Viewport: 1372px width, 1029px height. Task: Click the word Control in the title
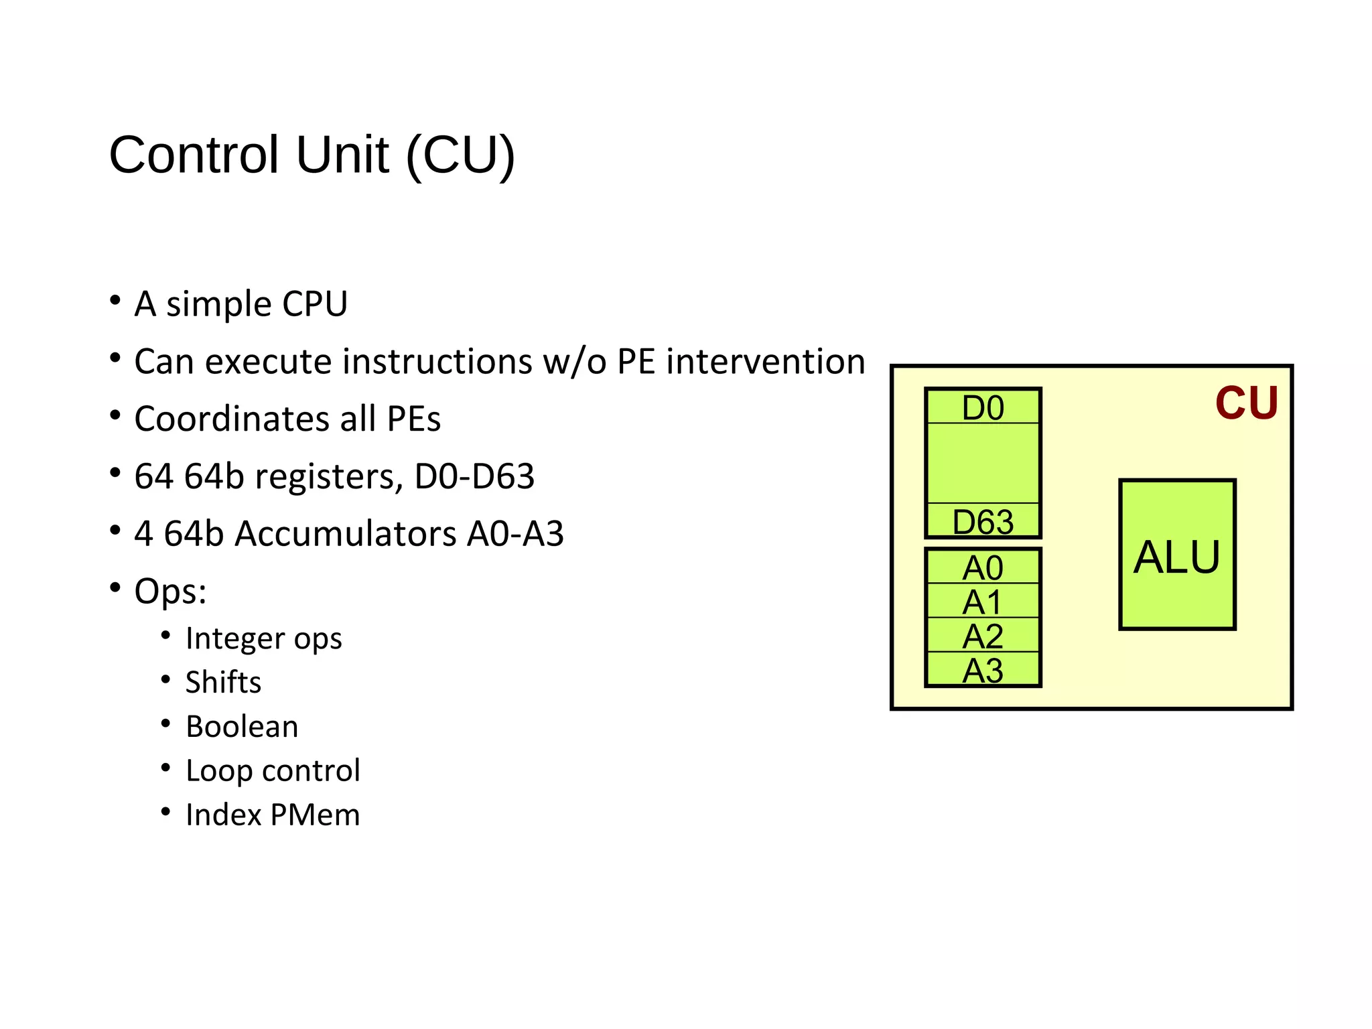click(x=194, y=155)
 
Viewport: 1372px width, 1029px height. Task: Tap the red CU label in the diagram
click(x=1246, y=403)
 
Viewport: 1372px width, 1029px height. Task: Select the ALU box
click(x=1177, y=555)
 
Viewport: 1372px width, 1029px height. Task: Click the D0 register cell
click(x=983, y=407)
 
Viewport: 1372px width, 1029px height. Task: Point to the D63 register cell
click(x=983, y=521)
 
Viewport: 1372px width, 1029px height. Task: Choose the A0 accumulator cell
click(x=983, y=567)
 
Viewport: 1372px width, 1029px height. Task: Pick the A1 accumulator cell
click(x=983, y=601)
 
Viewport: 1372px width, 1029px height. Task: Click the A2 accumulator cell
click(x=983, y=635)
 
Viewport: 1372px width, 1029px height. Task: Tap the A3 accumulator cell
click(x=983, y=670)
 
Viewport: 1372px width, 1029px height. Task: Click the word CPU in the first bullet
click(x=315, y=304)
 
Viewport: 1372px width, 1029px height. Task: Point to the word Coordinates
click(x=232, y=419)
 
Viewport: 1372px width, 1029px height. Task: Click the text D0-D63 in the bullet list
click(x=474, y=476)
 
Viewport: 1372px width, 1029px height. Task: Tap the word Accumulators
click(x=346, y=534)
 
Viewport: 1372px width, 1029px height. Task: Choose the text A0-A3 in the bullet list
click(x=515, y=534)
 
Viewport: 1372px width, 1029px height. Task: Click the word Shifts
click(x=223, y=683)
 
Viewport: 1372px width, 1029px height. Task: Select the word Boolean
click(x=242, y=727)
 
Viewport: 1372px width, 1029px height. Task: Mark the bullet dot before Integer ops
click(x=165, y=635)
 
